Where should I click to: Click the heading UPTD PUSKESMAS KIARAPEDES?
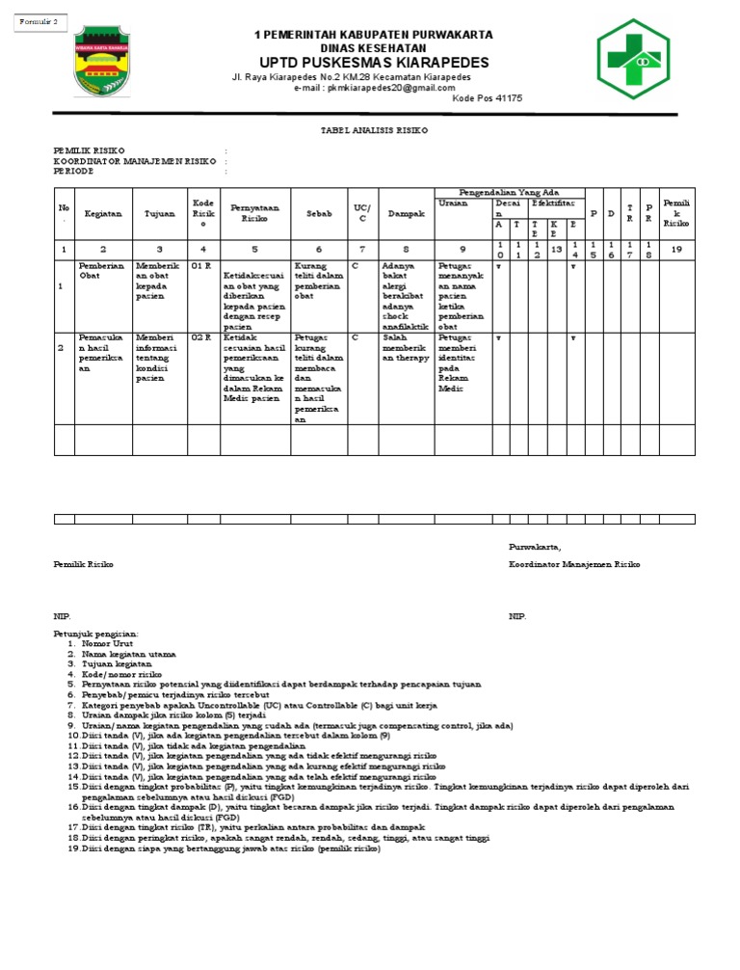click(373, 63)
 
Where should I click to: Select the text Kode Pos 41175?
click(487, 98)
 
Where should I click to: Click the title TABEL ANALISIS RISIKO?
click(374, 128)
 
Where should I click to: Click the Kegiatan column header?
click(102, 213)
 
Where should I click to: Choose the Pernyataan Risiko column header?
click(254, 213)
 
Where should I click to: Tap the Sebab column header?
click(318, 213)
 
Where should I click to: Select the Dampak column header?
click(406, 213)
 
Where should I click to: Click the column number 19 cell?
click(675, 249)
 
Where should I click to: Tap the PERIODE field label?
click(73, 171)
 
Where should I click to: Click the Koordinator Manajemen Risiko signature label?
click(574, 564)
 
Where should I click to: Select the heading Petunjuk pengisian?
click(94, 633)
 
